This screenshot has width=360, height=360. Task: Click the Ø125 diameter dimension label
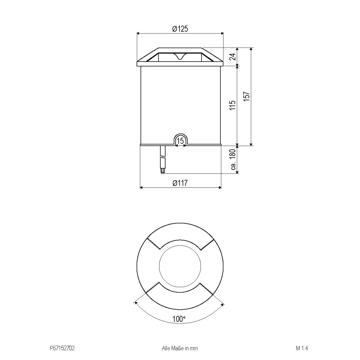pyautogui.click(x=180, y=29)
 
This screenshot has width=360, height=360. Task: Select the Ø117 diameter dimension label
pyautogui.click(x=180, y=183)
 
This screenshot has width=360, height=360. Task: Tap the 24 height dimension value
pyautogui.click(x=233, y=57)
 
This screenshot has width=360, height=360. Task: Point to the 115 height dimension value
pyautogui.click(x=233, y=105)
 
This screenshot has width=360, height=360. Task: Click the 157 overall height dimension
pyautogui.click(x=247, y=97)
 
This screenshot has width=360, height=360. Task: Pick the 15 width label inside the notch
pyautogui.click(x=180, y=141)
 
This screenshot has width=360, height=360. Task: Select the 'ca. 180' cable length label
pyautogui.click(x=233, y=159)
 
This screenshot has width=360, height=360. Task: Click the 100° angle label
pyautogui.click(x=179, y=319)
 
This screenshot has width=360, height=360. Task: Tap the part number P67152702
pyautogui.click(x=62, y=348)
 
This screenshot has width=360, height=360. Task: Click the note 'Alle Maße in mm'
pyautogui.click(x=180, y=348)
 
